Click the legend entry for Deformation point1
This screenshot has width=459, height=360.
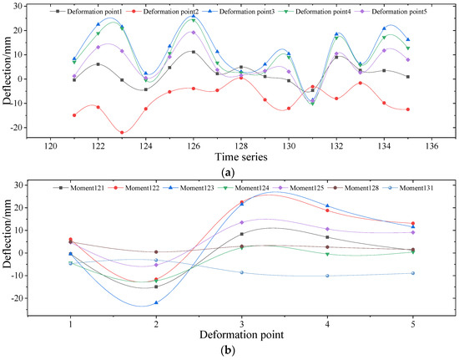pos(89,12)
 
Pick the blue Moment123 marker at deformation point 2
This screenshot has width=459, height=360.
pos(156,302)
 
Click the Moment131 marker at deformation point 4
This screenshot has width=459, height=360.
pos(327,276)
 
